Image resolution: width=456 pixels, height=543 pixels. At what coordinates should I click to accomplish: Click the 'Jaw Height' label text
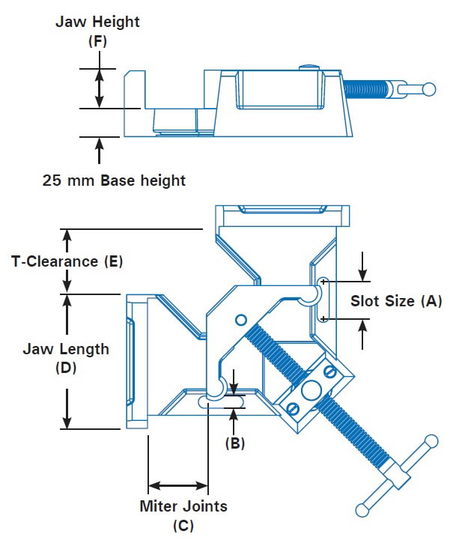[97, 22]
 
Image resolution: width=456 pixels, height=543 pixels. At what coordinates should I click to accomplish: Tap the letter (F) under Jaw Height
[97, 42]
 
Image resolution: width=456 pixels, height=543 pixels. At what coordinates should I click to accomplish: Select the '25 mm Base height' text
[114, 181]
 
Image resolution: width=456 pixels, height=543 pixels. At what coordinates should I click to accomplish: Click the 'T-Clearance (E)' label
[67, 261]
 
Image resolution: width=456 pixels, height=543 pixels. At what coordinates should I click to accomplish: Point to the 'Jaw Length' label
[66, 349]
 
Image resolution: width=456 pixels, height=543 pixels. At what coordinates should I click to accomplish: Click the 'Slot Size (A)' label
[396, 301]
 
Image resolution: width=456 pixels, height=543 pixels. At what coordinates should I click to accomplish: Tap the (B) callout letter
[235, 442]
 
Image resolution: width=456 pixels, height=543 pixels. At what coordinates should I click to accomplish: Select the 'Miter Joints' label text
[183, 506]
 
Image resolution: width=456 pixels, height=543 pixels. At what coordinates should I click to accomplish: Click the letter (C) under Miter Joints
[183, 525]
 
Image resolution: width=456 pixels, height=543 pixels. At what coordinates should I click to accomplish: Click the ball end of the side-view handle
[428, 89]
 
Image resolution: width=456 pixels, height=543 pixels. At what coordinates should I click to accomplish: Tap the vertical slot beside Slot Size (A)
[323, 300]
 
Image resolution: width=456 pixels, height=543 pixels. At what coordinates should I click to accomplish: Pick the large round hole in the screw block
[308, 389]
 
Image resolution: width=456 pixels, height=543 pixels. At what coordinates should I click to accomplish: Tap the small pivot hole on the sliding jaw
[240, 321]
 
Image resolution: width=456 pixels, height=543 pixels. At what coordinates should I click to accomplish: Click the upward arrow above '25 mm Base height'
[97, 151]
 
